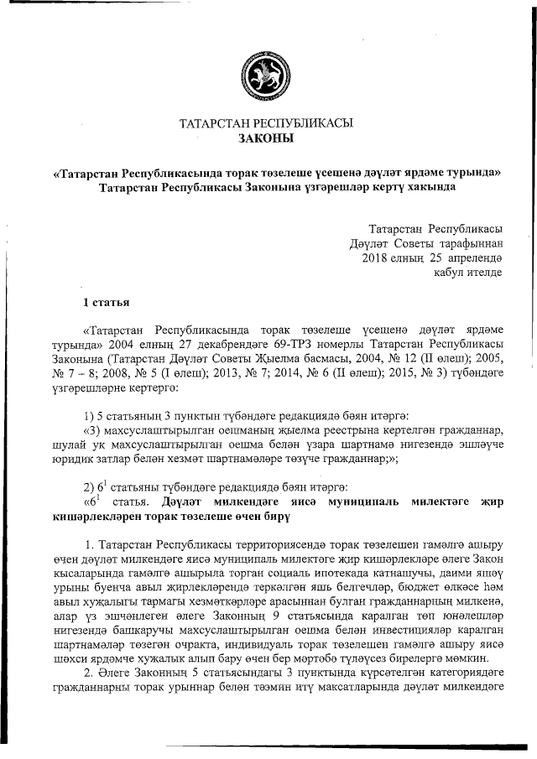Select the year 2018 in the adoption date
pyautogui.click(x=376, y=257)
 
